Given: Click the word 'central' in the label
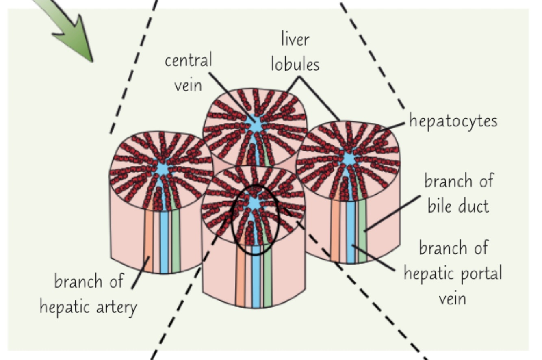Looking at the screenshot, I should [188, 61].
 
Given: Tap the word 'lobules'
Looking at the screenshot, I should [295, 65].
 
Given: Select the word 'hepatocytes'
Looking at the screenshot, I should [453, 121].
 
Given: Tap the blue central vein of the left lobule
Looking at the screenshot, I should [163, 169].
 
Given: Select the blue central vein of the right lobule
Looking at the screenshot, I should [349, 158].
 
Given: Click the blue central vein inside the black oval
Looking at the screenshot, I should [254, 203].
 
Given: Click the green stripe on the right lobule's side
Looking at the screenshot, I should [362, 232].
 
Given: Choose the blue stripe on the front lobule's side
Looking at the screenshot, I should [256, 280].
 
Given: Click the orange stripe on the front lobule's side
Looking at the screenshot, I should [241, 280].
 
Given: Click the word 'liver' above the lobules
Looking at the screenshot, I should [295, 40].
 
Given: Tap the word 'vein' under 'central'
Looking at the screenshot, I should [188, 86].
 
